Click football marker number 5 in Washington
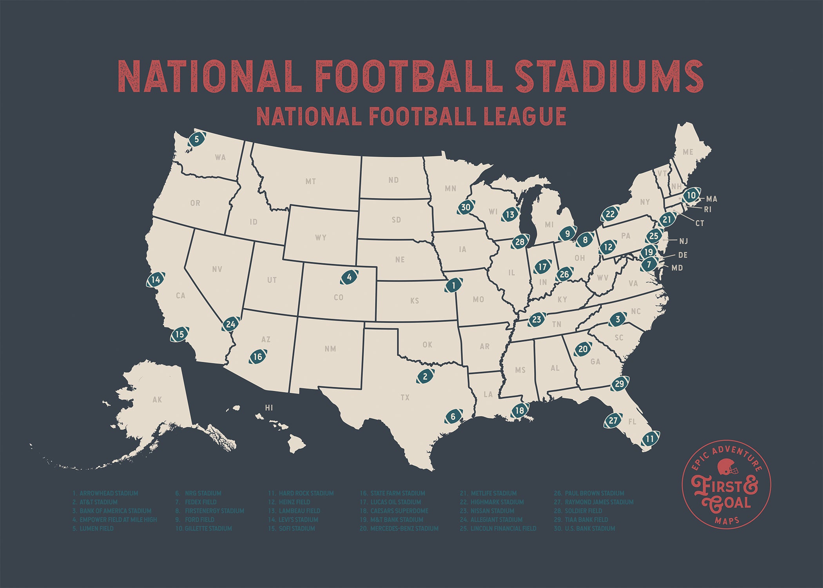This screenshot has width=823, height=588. pyautogui.click(x=197, y=139)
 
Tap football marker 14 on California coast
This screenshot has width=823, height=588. pyautogui.click(x=156, y=280)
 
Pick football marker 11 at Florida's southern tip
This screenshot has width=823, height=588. pyautogui.click(x=650, y=439)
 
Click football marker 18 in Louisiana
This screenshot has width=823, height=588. pyautogui.click(x=520, y=411)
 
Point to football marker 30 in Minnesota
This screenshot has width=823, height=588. pyautogui.click(x=466, y=207)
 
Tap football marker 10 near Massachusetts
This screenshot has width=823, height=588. pyautogui.click(x=691, y=195)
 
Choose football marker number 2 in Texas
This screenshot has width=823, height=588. pyautogui.click(x=425, y=377)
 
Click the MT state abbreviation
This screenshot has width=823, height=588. pyautogui.click(x=311, y=181)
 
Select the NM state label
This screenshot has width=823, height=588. pyautogui.click(x=330, y=349)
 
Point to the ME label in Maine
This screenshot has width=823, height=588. pyautogui.click(x=688, y=152)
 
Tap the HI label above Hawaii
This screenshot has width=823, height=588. pyautogui.click(x=269, y=408)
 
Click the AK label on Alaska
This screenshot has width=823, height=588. pyautogui.click(x=157, y=400)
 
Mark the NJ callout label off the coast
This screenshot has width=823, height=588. pyautogui.click(x=683, y=241)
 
